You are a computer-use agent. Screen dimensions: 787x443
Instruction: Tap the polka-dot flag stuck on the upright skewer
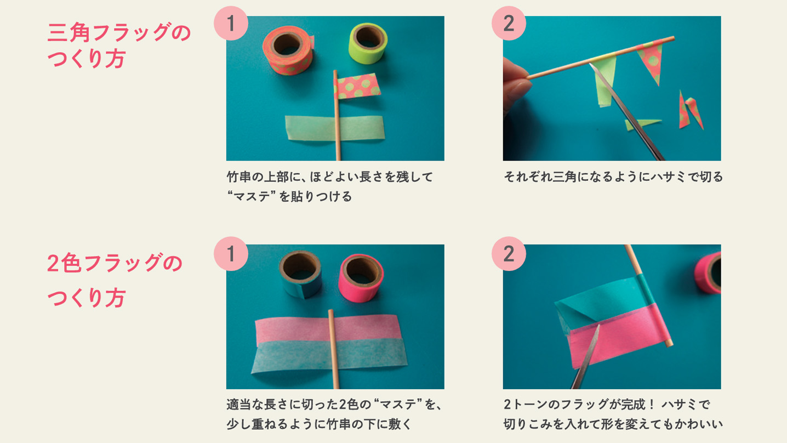[x=357, y=86]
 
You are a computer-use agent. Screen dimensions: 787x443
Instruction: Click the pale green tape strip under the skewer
[x=335, y=128]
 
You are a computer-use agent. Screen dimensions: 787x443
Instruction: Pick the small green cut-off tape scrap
[x=642, y=124]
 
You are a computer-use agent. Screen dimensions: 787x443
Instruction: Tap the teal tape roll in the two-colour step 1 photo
[x=301, y=274]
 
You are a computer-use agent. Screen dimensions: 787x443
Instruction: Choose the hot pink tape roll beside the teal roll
[x=361, y=278]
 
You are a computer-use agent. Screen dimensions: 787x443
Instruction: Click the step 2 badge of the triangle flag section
[x=509, y=24]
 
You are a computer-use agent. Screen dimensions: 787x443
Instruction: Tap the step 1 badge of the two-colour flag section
[x=231, y=253]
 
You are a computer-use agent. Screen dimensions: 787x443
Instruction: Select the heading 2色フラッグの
[x=115, y=263]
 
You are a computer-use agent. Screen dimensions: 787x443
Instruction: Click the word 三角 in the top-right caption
[x=564, y=177]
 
